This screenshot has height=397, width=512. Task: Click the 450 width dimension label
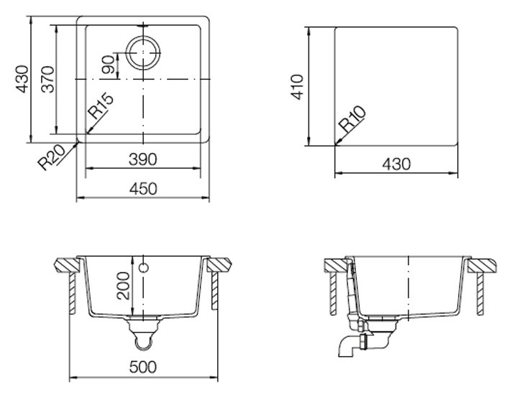coord(143,189)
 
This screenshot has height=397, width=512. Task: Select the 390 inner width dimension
coord(143,159)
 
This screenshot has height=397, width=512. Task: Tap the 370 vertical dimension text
coord(48,79)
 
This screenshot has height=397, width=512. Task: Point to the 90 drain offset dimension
coord(108,65)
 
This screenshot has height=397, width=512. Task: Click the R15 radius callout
coord(101,106)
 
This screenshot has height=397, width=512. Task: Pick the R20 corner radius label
coord(52,158)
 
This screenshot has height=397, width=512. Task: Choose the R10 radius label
coord(352,118)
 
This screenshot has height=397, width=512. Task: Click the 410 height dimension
coord(298,87)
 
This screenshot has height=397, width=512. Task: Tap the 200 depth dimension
coord(123,286)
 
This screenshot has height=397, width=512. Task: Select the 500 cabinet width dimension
coord(143,367)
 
